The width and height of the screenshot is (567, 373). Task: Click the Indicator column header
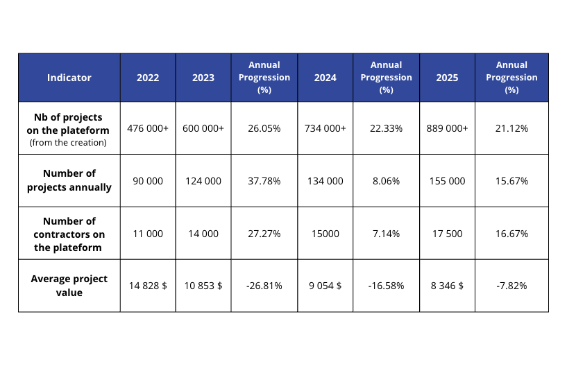(69, 78)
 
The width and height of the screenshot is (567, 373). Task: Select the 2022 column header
(147, 78)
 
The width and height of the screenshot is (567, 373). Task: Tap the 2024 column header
(325, 78)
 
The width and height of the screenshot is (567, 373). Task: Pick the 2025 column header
(447, 78)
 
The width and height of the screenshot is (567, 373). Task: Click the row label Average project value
(69, 286)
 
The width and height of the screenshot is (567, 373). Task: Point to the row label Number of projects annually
(69, 180)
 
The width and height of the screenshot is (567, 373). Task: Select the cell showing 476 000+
(147, 128)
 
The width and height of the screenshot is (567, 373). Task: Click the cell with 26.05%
(264, 128)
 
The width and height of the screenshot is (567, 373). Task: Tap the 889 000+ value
(447, 128)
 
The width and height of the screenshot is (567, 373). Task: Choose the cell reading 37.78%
(264, 181)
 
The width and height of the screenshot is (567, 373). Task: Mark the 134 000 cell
(325, 181)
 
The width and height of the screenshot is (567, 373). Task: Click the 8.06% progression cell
(386, 181)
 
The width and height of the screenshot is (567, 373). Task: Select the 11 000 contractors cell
(147, 234)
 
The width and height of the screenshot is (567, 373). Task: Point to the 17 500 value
(447, 234)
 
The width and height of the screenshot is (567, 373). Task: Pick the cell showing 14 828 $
(147, 286)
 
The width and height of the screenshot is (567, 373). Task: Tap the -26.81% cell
(264, 286)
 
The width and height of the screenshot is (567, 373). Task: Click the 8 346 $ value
(447, 286)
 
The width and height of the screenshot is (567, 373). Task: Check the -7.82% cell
(511, 286)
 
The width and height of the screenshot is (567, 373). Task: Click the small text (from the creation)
(68, 142)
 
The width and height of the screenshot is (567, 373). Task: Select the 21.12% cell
(511, 128)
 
